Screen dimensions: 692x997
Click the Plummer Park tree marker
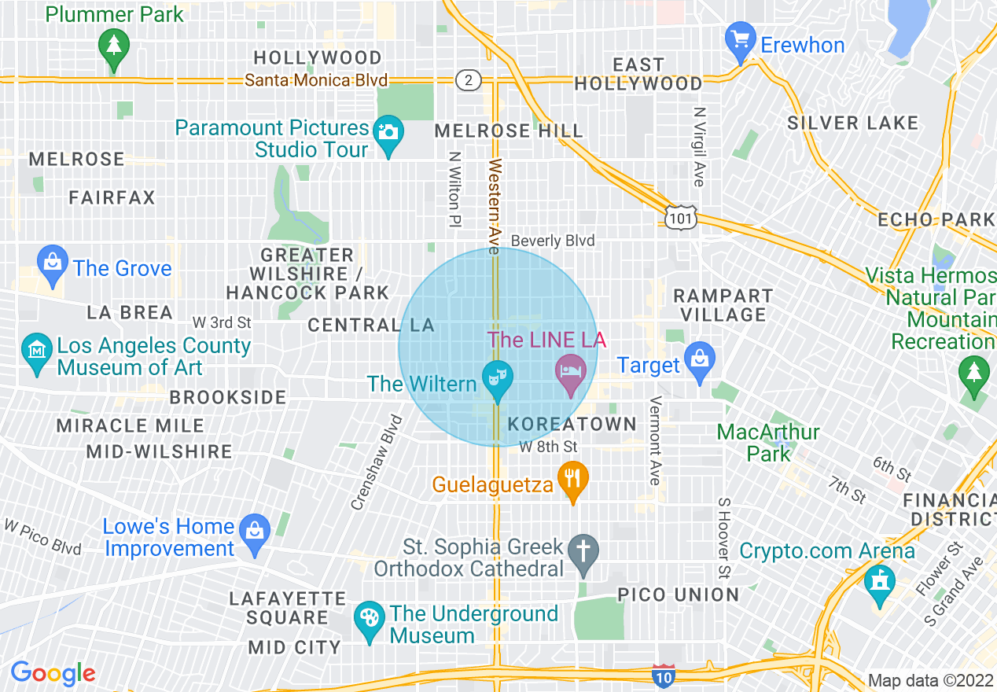pyautogui.click(x=115, y=45)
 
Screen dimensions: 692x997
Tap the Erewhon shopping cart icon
pyautogui.click(x=740, y=40)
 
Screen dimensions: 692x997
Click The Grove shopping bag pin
pyautogui.click(x=53, y=263)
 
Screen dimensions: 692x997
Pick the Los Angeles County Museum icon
pyautogui.click(x=36, y=350)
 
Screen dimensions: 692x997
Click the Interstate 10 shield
pyautogui.click(x=663, y=674)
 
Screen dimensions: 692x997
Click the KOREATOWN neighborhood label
pyautogui.click(x=572, y=424)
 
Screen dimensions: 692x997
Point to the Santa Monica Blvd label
pyautogui.click(x=316, y=80)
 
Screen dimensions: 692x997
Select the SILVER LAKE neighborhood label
pyautogui.click(x=852, y=123)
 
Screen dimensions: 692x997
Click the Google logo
pyautogui.click(x=53, y=673)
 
